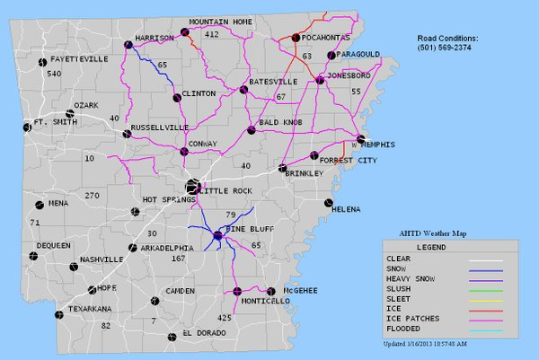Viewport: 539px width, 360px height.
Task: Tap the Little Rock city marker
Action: (x=191, y=187)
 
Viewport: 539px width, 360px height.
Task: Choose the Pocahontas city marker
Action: (x=295, y=38)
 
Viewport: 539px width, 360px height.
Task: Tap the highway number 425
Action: (x=225, y=318)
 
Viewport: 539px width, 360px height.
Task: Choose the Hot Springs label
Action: (x=163, y=198)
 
